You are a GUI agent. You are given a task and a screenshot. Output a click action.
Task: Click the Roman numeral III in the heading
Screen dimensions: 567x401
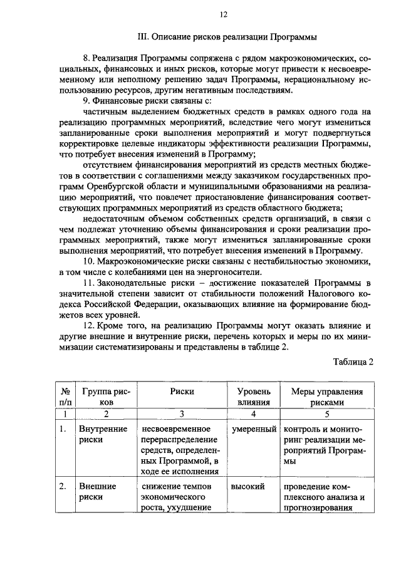(x=143, y=37)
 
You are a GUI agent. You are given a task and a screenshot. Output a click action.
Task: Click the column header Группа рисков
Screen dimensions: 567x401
(x=106, y=397)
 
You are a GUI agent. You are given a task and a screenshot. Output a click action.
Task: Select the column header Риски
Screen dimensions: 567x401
(x=181, y=392)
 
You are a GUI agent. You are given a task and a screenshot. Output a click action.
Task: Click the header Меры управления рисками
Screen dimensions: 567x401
(x=327, y=397)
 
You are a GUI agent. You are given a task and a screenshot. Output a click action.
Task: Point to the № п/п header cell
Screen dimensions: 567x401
(x=64, y=397)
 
